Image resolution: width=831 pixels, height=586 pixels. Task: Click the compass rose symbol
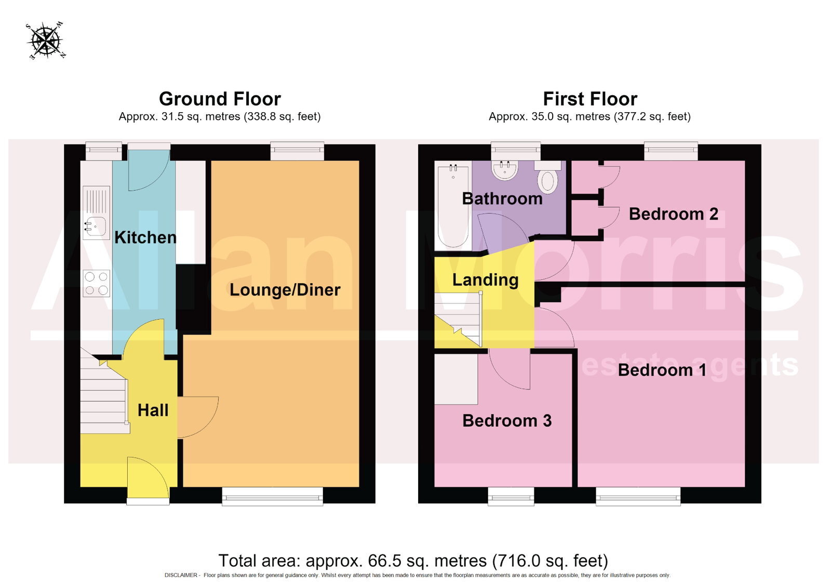pyautogui.click(x=46, y=41)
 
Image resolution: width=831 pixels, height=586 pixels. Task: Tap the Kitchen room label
pyautogui.click(x=145, y=237)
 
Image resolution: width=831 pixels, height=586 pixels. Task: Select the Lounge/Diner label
pyautogui.click(x=285, y=290)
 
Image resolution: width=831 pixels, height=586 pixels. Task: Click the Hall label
pyautogui.click(x=153, y=410)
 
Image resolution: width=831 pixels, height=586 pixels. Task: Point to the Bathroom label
pyautogui.click(x=502, y=198)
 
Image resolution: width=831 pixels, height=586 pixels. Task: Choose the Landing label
pyautogui.click(x=485, y=280)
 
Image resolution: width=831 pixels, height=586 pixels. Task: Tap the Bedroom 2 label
pyautogui.click(x=673, y=214)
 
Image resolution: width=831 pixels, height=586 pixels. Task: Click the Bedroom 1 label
pyautogui.click(x=662, y=370)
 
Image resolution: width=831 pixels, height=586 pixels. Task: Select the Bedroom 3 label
pyautogui.click(x=507, y=421)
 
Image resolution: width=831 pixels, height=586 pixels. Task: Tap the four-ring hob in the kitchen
pyautogui.click(x=97, y=283)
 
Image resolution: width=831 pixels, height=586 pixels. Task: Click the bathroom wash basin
pyautogui.click(x=504, y=170)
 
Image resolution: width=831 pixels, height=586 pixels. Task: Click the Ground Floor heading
pyautogui.click(x=220, y=99)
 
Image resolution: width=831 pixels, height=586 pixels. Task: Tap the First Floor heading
pyautogui.click(x=590, y=99)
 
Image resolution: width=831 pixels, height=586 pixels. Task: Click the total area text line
pyautogui.click(x=413, y=561)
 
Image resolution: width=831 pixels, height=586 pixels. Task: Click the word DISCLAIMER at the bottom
pyautogui.click(x=181, y=575)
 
